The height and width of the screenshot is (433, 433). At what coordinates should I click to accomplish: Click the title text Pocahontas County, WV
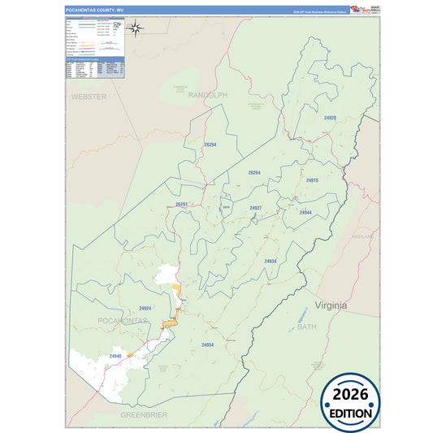(x=95, y=10)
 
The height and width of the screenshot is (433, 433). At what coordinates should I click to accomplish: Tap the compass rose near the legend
(x=137, y=30)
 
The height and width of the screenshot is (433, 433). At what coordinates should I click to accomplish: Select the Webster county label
(x=89, y=97)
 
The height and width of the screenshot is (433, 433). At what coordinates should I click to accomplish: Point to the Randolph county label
(x=208, y=96)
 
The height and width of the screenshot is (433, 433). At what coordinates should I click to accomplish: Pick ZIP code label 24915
(x=312, y=180)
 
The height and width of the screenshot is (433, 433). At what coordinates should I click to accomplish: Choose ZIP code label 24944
(x=305, y=212)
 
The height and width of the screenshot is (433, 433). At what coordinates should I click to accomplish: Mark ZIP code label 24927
(x=256, y=208)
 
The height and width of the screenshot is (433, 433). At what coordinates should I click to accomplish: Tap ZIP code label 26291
(x=181, y=205)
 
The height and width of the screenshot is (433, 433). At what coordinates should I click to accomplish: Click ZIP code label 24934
(x=271, y=261)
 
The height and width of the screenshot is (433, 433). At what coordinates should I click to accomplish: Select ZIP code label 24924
(x=145, y=309)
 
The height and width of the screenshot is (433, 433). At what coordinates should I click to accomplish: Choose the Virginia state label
(x=331, y=305)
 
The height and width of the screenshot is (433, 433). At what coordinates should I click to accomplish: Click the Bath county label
(x=306, y=327)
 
